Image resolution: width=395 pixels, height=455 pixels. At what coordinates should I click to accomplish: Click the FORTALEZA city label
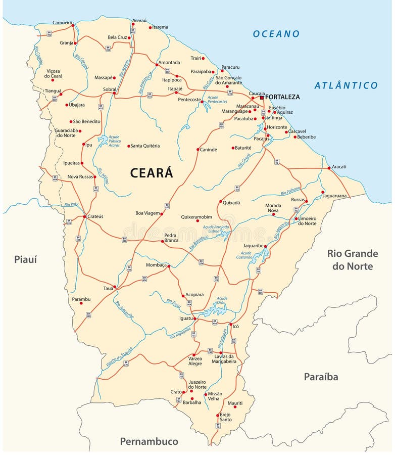[282, 97]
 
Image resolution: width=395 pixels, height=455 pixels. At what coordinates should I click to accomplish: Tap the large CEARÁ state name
[152, 173]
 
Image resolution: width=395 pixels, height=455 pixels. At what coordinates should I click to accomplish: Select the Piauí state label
[26, 259]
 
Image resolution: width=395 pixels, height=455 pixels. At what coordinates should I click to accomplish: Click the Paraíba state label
[321, 377]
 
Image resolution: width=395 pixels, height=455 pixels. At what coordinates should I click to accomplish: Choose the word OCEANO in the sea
[276, 34]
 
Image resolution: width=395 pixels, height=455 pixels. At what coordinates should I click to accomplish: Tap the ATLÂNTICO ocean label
[346, 85]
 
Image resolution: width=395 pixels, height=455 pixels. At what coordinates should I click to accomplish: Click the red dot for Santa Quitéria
[128, 146]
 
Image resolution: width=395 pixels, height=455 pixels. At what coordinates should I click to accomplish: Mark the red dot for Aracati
[329, 168]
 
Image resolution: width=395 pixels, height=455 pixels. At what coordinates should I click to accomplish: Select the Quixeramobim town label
[196, 217]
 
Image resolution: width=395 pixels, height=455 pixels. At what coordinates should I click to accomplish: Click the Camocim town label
[63, 23]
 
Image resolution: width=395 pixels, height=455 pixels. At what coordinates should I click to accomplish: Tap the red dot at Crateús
[84, 217]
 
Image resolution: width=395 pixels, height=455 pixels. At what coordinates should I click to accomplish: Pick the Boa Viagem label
[147, 213]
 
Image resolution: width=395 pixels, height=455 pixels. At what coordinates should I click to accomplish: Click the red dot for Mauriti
[235, 407]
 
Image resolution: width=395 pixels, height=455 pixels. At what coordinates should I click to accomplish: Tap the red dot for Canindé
[198, 150]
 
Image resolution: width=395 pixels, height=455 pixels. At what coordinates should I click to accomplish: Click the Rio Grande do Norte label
[353, 259]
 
